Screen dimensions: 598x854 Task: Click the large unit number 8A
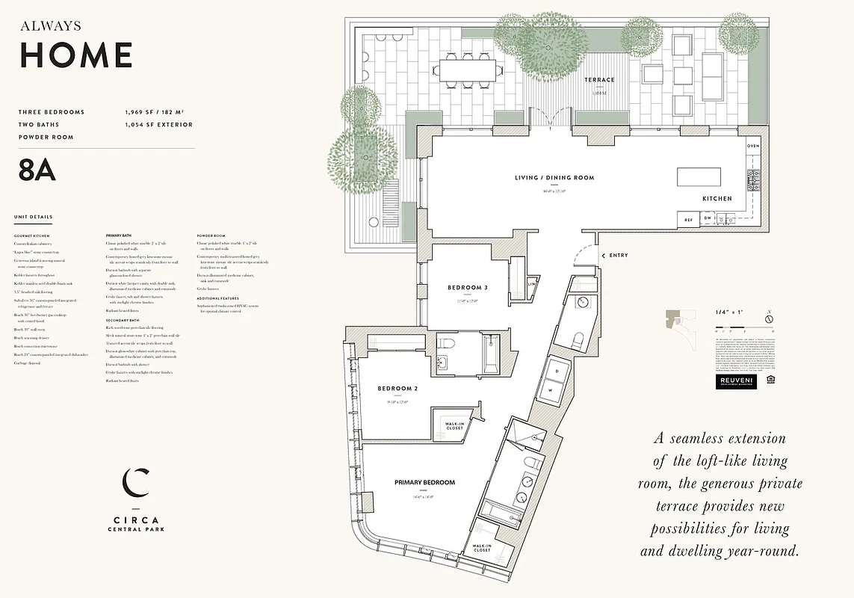tap(37, 170)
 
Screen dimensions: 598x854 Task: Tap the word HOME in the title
tap(76, 55)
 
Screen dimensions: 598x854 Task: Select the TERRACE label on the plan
tap(599, 80)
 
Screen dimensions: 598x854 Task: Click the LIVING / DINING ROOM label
tap(554, 178)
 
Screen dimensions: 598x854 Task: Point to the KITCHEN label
tap(717, 199)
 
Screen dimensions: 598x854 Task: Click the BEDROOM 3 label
tap(468, 288)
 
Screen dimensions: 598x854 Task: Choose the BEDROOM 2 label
tap(397, 389)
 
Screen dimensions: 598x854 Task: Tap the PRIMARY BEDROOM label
tap(424, 483)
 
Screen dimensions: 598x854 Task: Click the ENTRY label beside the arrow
tap(619, 256)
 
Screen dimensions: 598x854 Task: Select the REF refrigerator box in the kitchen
tap(687, 220)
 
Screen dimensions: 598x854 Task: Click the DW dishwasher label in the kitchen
tap(707, 219)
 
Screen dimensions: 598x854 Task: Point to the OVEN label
tap(752, 146)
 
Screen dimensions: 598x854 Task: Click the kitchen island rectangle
tap(699, 177)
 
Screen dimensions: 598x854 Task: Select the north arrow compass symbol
tap(768, 319)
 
